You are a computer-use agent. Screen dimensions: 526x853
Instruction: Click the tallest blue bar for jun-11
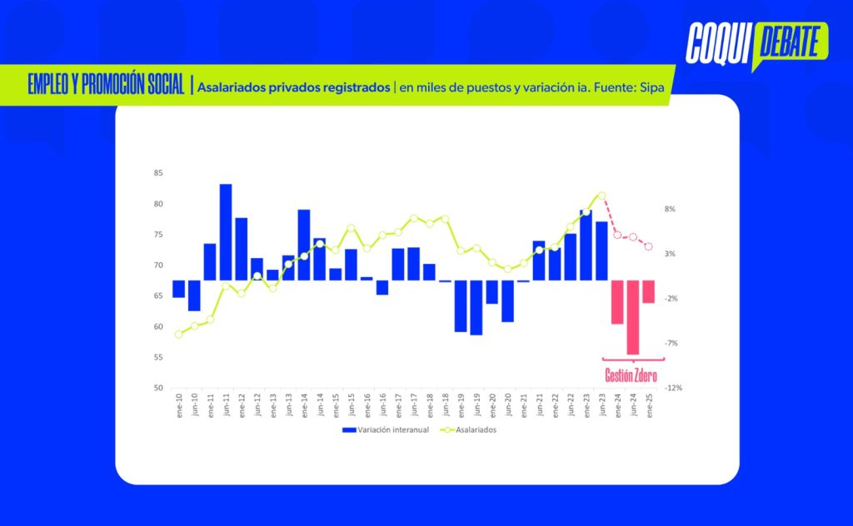tap(226, 232)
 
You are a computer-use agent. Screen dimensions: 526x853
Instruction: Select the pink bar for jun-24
tap(632, 317)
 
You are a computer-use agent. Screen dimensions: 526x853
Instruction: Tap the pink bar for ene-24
tap(617, 301)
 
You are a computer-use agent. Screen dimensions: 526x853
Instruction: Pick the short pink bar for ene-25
tap(648, 291)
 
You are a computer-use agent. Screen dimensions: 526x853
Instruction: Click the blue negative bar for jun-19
tap(476, 307)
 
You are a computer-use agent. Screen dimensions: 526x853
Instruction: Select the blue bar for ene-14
tap(304, 245)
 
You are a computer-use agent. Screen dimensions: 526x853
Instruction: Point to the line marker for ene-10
tap(178, 335)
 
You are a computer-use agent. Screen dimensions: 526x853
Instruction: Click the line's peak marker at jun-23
tap(601, 196)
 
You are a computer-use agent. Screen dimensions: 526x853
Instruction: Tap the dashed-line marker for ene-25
tap(648, 246)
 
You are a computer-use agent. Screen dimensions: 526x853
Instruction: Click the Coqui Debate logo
tap(755, 43)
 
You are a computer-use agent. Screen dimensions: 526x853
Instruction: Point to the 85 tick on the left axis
tap(158, 173)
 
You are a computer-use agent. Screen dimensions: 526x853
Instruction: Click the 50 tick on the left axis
tap(158, 388)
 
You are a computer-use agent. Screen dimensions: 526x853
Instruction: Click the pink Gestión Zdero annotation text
tap(631, 376)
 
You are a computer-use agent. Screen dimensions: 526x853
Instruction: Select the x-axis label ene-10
tap(179, 405)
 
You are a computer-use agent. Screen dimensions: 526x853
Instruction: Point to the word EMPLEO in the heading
tap(47, 86)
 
